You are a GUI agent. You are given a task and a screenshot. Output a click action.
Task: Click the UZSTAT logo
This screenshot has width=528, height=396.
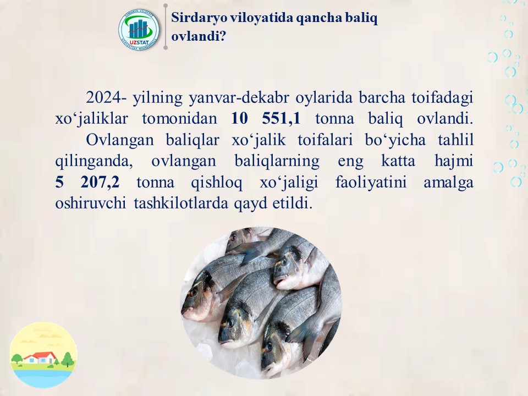coord(139,30)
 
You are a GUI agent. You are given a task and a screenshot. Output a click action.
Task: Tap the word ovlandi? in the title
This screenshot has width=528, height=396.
coord(199,36)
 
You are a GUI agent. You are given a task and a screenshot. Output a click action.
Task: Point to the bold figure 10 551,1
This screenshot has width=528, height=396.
coord(266,118)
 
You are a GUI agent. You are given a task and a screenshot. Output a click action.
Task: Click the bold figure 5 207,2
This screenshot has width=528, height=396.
coord(87,182)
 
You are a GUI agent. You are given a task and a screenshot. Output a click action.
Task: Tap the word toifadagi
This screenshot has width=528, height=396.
coord(442,98)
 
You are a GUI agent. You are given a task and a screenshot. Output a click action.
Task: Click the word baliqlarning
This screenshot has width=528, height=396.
coord(277,161)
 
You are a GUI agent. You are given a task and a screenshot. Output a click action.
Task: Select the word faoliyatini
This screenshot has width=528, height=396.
coord(371,182)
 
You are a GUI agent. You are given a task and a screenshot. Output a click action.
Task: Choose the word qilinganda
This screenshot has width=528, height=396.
coord(94,161)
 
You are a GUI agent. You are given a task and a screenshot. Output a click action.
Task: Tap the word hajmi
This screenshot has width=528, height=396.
coord(454,161)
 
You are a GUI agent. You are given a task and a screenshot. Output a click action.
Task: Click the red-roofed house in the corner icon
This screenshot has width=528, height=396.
coord(40,358)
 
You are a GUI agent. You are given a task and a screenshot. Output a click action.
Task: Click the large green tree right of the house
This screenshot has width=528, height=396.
coord(68,359)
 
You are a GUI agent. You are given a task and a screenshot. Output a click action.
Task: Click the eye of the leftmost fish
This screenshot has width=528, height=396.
coord(193,291)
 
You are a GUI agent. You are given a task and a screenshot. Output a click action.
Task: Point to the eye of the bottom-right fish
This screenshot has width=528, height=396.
coord(269,345)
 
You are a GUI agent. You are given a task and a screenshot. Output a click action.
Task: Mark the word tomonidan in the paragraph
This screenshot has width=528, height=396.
coord(179,119)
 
